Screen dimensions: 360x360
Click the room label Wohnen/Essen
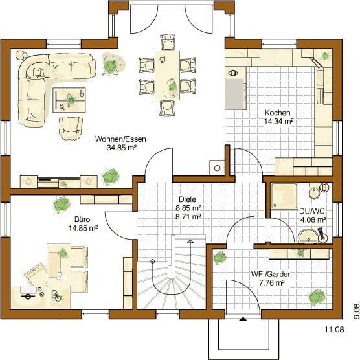[x=120, y=139]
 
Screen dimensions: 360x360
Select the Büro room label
[x=82, y=219]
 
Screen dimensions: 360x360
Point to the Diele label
[x=187, y=199]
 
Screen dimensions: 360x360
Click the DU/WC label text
[x=312, y=211]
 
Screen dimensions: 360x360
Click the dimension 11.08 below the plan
[x=334, y=330]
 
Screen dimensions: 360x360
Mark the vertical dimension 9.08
[x=356, y=311]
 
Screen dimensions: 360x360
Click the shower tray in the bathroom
[x=284, y=196]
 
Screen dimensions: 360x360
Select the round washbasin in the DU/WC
[x=308, y=236]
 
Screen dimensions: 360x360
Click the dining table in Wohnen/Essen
[x=167, y=75]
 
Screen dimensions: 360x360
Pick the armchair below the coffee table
[x=71, y=128]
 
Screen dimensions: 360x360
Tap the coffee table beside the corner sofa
[x=69, y=100]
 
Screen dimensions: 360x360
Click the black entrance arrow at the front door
[x=243, y=319]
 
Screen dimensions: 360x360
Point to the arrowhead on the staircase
[x=190, y=241]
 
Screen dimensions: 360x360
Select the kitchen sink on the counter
[x=233, y=73]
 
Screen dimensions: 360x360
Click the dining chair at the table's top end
[x=168, y=42]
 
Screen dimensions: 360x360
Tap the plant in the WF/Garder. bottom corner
[x=317, y=297]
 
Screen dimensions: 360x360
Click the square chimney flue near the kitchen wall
[x=217, y=168]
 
